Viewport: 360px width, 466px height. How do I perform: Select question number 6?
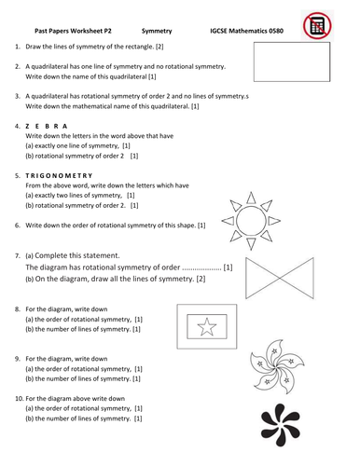pyautogui.click(x=18, y=225)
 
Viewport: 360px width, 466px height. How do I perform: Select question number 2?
pyautogui.click(x=18, y=65)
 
